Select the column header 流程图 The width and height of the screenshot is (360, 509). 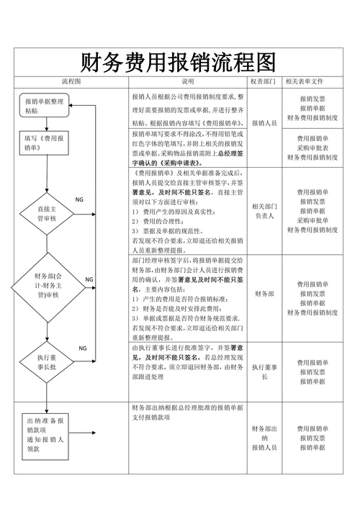(71, 81)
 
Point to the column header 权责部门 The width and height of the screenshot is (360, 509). (264, 81)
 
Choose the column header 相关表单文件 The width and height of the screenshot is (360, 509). (312, 81)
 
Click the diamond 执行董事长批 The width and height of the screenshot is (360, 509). (46, 361)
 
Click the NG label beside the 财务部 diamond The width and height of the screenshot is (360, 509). (89, 279)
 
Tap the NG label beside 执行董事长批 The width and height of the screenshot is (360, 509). (84, 348)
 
